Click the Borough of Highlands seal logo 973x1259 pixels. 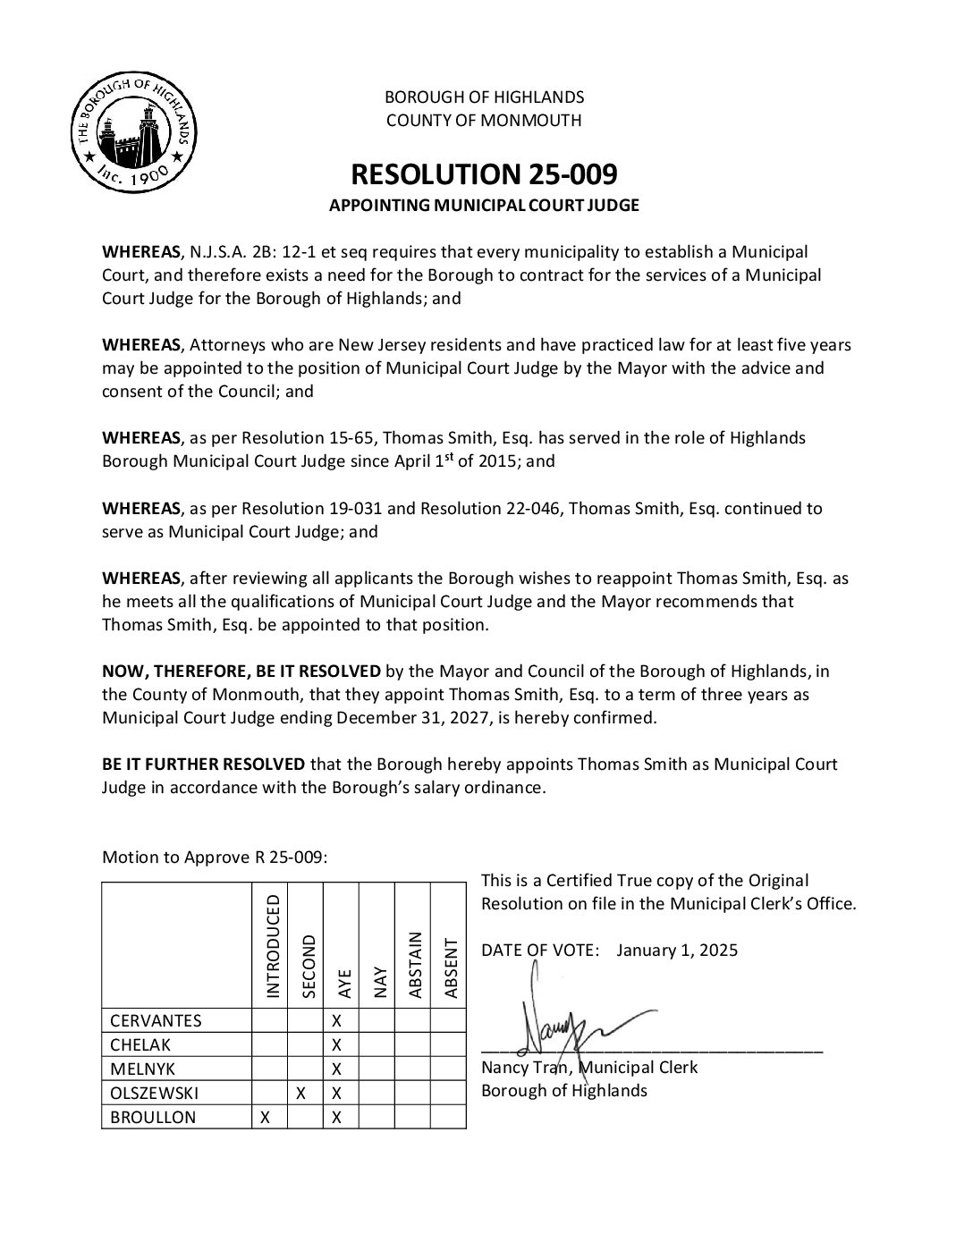(x=134, y=135)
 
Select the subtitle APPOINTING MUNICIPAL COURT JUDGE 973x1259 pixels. (x=484, y=206)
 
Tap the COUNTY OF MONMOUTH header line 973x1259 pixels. (x=484, y=120)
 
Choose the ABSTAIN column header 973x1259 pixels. (x=415, y=964)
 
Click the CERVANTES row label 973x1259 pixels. (x=156, y=1021)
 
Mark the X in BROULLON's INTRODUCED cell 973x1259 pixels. (x=266, y=1117)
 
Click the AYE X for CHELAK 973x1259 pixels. (x=337, y=1044)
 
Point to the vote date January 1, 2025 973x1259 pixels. (x=677, y=950)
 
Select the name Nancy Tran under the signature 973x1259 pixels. (x=525, y=1067)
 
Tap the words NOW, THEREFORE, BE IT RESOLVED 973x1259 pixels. (x=241, y=671)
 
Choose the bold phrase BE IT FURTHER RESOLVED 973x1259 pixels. (x=203, y=765)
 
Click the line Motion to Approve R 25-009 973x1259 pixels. (x=215, y=858)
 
